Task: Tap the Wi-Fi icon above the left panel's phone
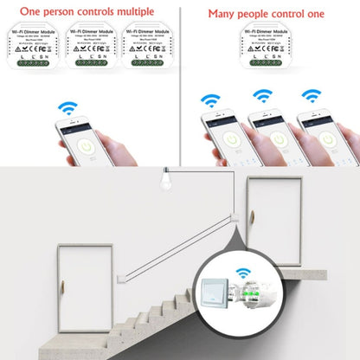click(x=66, y=109)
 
